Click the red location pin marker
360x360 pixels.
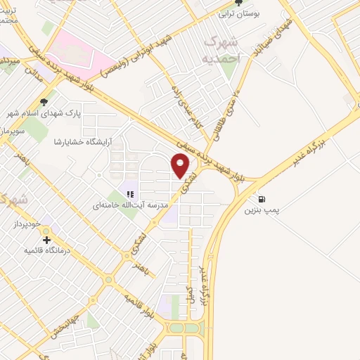click(181, 166)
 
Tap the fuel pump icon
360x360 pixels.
click(262, 199)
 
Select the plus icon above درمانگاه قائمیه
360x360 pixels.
click(47, 240)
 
